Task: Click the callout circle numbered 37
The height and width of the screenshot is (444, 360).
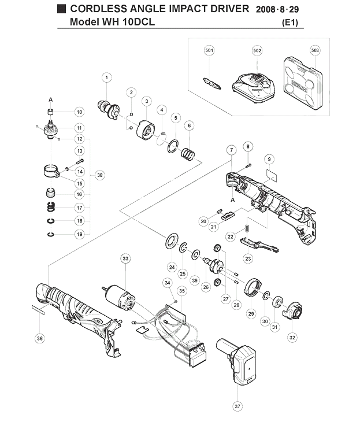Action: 237,406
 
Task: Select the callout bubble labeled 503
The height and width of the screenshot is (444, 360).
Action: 315,50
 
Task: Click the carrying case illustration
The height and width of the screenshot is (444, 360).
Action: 303,83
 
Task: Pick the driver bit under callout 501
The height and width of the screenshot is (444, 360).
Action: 212,83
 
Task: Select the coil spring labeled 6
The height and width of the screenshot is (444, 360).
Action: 188,154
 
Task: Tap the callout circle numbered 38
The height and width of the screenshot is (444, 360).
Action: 99,175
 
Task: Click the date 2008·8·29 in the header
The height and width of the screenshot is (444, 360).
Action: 277,9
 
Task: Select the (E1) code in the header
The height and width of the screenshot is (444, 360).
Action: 290,23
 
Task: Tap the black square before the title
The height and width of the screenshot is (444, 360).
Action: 61,9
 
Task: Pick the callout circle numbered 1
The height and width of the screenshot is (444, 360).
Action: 107,77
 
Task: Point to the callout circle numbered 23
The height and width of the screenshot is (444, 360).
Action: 248,258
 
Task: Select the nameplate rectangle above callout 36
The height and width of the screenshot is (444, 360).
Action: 38,309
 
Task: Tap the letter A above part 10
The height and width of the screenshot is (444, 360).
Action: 51,99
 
